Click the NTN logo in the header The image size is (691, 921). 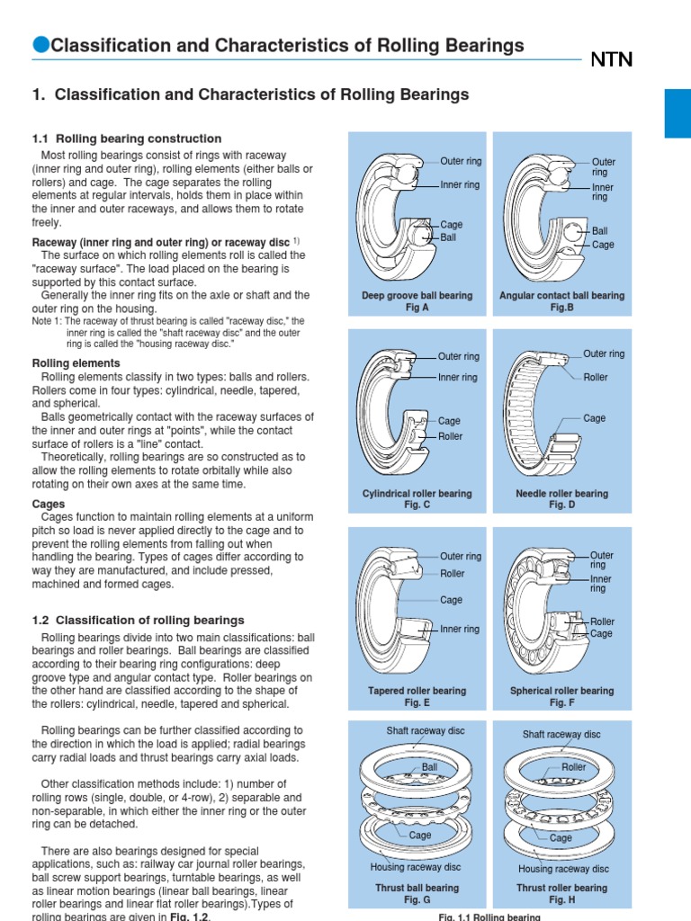[611, 60]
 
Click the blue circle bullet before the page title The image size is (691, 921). [40, 46]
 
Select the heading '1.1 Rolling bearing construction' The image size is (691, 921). [126, 139]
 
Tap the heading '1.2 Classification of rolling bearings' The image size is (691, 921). [138, 620]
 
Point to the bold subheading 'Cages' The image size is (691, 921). [48, 505]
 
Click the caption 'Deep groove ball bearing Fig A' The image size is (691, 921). [417, 301]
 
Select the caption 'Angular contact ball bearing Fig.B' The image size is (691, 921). [561, 301]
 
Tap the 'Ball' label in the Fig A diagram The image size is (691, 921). [448, 238]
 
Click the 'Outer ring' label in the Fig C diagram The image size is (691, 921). [460, 358]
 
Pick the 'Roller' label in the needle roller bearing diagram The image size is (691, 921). [596, 378]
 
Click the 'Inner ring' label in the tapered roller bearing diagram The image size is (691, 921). [460, 630]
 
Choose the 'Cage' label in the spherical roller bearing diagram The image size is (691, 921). [601, 634]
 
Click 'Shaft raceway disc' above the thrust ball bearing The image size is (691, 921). [417, 731]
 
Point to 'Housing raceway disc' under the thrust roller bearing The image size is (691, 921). [563, 869]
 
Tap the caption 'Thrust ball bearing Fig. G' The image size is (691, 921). [417, 893]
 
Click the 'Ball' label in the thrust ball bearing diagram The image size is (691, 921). [430, 768]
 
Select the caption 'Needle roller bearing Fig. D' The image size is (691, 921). [561, 499]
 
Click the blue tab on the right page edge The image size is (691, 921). [677, 113]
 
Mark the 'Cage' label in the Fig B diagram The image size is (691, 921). [603, 245]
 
